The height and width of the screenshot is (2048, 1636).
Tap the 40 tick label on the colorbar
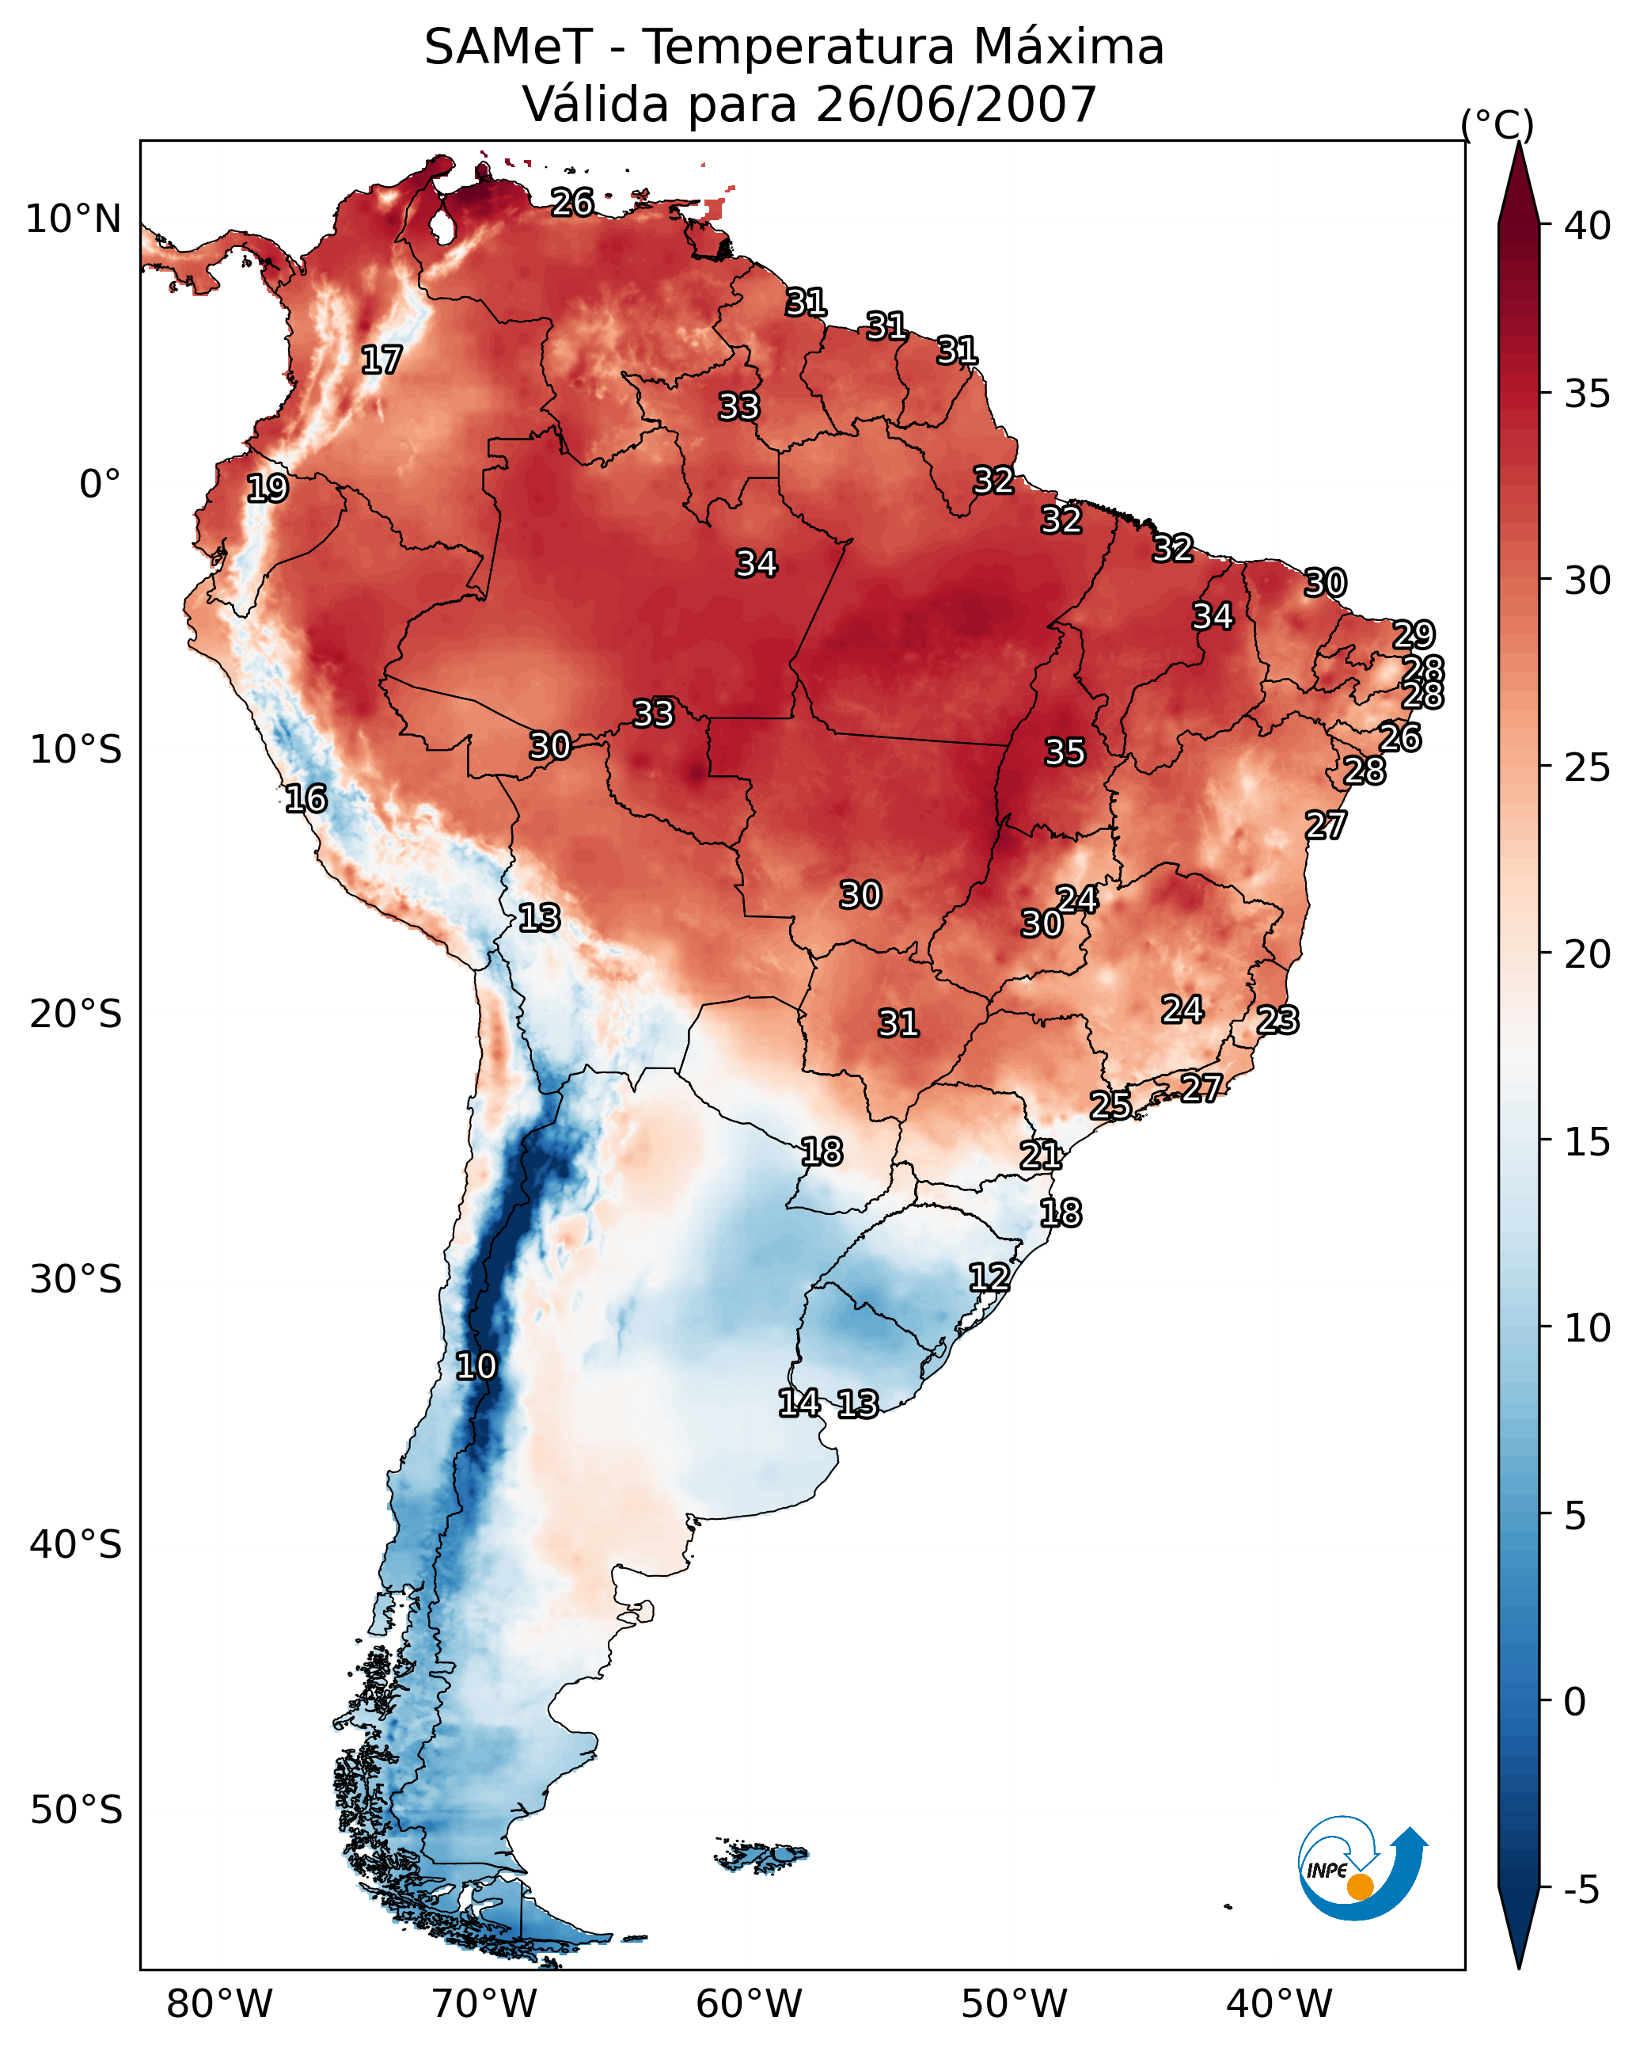1588,226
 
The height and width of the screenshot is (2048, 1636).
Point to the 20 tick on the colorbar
1588,954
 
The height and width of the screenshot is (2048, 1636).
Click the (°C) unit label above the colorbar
1497,124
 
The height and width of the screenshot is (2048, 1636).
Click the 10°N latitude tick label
73,219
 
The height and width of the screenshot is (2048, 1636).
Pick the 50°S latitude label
76,1810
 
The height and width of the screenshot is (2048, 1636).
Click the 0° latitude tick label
100,485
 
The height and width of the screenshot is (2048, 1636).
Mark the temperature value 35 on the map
1065,752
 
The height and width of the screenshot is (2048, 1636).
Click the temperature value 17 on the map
381,360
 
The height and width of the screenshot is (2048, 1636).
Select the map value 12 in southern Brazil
989,1277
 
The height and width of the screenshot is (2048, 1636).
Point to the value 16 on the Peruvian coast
306,799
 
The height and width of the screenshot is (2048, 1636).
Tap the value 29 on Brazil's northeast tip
1413,634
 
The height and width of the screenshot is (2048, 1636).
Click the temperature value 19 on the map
267,489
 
